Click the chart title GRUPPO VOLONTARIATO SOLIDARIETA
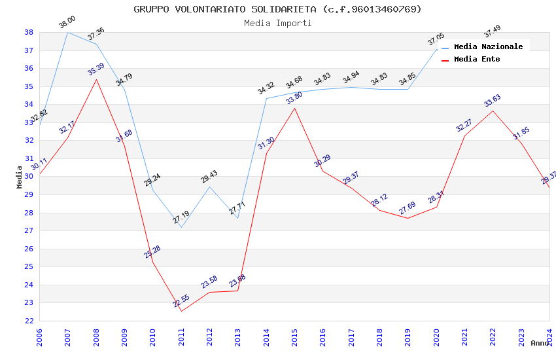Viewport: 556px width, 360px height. coord(277,9)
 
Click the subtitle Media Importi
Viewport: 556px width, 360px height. coord(277,24)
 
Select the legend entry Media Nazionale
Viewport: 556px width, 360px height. coord(488,47)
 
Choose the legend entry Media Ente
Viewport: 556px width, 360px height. coord(477,60)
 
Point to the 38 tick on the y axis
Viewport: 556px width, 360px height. coord(29,32)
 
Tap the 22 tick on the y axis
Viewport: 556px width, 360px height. coord(29,321)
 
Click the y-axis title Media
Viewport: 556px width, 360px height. coord(20,177)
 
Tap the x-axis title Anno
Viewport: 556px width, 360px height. coord(540,343)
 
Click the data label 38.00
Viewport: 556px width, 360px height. coord(67,22)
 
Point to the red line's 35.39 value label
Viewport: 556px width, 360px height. coord(96,69)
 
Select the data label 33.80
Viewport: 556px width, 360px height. coord(294,98)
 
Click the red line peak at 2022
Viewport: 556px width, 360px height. coord(493,111)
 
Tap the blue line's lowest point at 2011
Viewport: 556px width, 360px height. coord(181,227)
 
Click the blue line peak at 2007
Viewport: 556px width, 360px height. coord(67,32)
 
